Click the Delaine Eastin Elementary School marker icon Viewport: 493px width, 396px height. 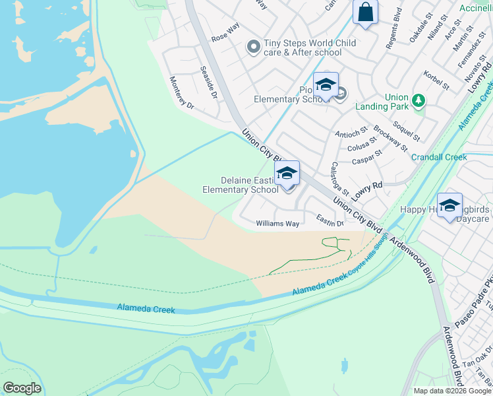pyautogui.click(x=287, y=174)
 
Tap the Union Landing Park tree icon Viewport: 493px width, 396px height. pyautogui.click(x=418, y=100)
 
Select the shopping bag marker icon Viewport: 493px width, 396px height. pyautogui.click(x=364, y=13)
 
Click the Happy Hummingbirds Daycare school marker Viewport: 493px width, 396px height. pyautogui.click(x=449, y=205)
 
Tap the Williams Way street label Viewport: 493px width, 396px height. pyautogui.click(x=277, y=224)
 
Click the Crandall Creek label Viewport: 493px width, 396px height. pyautogui.click(x=439, y=157)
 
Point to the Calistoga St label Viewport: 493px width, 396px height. pyautogui.click(x=341, y=178)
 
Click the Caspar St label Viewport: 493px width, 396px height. pyautogui.click(x=367, y=157)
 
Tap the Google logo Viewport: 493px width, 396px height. pyautogui.click(x=22, y=388)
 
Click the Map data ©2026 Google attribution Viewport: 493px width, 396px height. pyautogui.click(x=451, y=391)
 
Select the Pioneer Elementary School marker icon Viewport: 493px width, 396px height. pyautogui.click(x=325, y=85)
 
